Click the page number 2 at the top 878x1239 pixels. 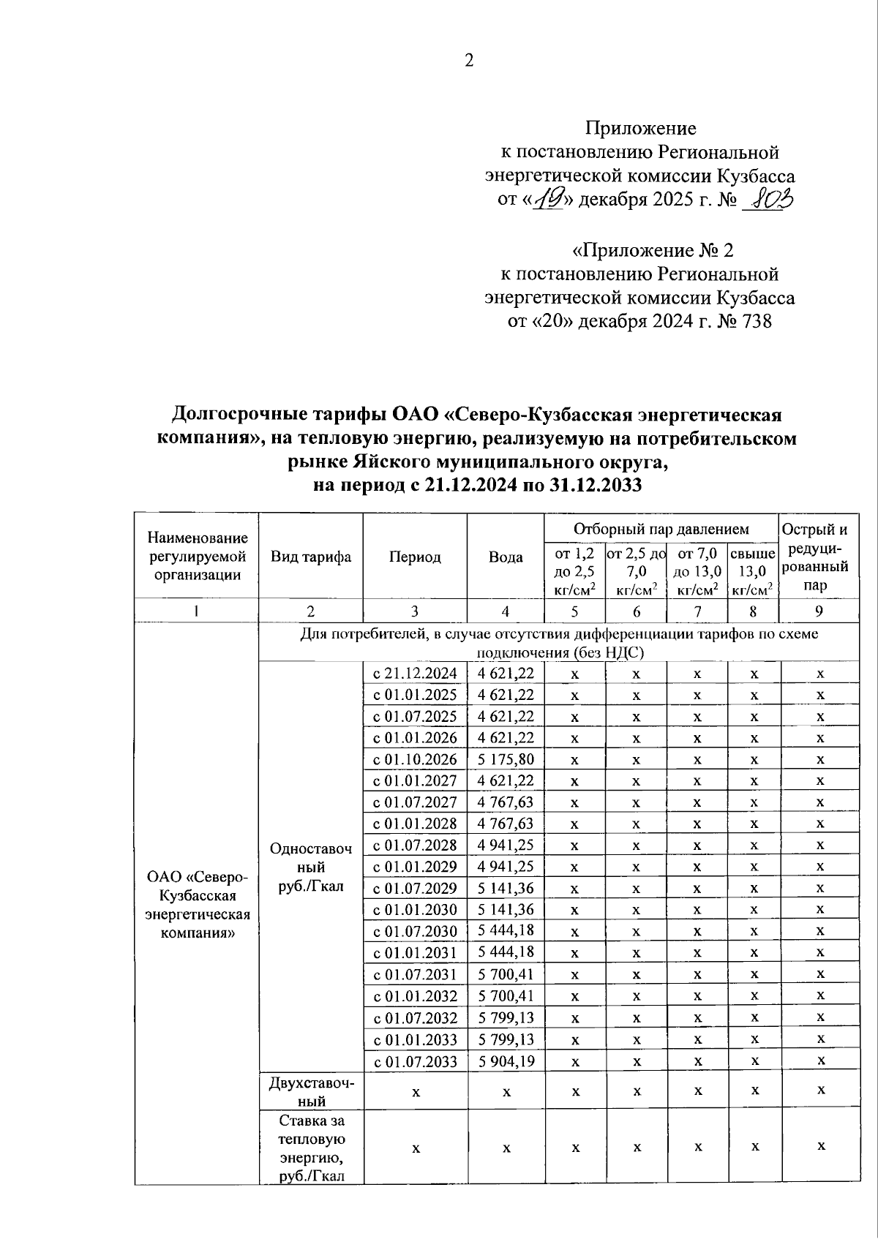[469, 61]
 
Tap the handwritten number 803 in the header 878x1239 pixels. [768, 199]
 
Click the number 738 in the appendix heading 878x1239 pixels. [756, 321]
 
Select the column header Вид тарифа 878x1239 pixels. [311, 557]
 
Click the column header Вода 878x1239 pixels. [506, 557]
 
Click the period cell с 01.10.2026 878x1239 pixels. [415, 759]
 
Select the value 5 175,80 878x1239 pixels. [506, 759]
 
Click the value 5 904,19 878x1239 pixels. [506, 1061]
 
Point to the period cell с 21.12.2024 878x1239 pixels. [415, 674]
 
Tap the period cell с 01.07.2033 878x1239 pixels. [415, 1061]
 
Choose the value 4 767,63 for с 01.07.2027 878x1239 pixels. [506, 802]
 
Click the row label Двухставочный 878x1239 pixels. [311, 1091]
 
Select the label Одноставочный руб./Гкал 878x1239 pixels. [311, 867]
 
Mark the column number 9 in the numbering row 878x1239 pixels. [819, 611]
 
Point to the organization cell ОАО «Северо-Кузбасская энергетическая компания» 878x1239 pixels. [197, 905]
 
